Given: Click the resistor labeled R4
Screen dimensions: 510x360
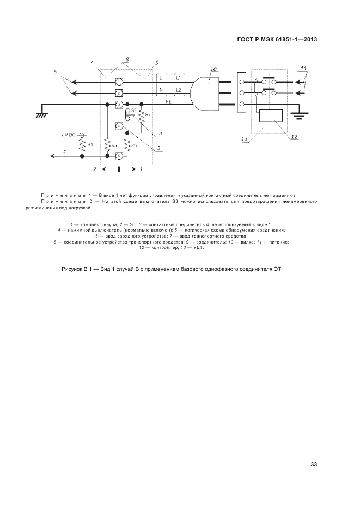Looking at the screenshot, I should point(82,145).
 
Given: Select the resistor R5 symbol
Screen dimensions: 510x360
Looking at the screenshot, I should point(108,145).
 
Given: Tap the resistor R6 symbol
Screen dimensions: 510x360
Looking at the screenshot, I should point(127,145).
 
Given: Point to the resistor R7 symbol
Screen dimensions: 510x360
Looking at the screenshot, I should point(142,115).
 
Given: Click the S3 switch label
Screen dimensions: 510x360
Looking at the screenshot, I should point(133,111).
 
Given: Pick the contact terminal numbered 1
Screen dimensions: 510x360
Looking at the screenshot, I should point(118,82).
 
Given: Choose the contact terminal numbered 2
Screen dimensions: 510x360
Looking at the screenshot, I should point(118,93).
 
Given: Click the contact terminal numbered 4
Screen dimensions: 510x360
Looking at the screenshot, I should point(119,126).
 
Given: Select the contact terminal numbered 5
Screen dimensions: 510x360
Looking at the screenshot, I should point(119,156).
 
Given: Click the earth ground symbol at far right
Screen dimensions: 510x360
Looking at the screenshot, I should point(298,114).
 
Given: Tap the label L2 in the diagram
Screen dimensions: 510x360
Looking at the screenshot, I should point(179,89).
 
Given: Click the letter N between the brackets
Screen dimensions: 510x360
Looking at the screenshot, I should point(161,89).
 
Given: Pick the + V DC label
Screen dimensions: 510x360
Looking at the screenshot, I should point(70,135).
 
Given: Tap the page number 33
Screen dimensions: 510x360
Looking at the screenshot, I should point(314,464).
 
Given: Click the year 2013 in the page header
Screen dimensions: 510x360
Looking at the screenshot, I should point(308,39).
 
